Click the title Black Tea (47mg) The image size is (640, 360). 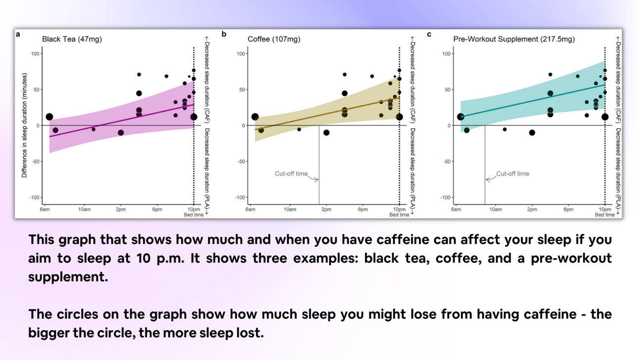pos(72,39)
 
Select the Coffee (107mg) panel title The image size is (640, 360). pos(274,39)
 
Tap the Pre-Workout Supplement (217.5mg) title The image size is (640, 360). pos(514,39)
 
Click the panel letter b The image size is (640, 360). pos(224,34)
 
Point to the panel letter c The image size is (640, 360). pos(429,35)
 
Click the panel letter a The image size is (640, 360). pos(18,35)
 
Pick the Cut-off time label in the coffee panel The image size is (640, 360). pos(291,173)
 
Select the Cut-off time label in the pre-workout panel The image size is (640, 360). pos(513,173)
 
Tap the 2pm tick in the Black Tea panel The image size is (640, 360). pos(120,209)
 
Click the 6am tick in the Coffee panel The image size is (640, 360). pos(250,209)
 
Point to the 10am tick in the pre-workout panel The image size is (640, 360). pos(495,209)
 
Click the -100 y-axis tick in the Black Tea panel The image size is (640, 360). pos(34,198)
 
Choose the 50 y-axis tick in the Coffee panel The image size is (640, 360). pos(242,90)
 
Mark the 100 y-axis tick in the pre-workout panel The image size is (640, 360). pos(446,53)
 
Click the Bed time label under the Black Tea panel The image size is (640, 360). pos(194,215)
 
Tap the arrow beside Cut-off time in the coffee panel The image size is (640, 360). pos(313,178)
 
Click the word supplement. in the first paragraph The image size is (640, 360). pos(68,277)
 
